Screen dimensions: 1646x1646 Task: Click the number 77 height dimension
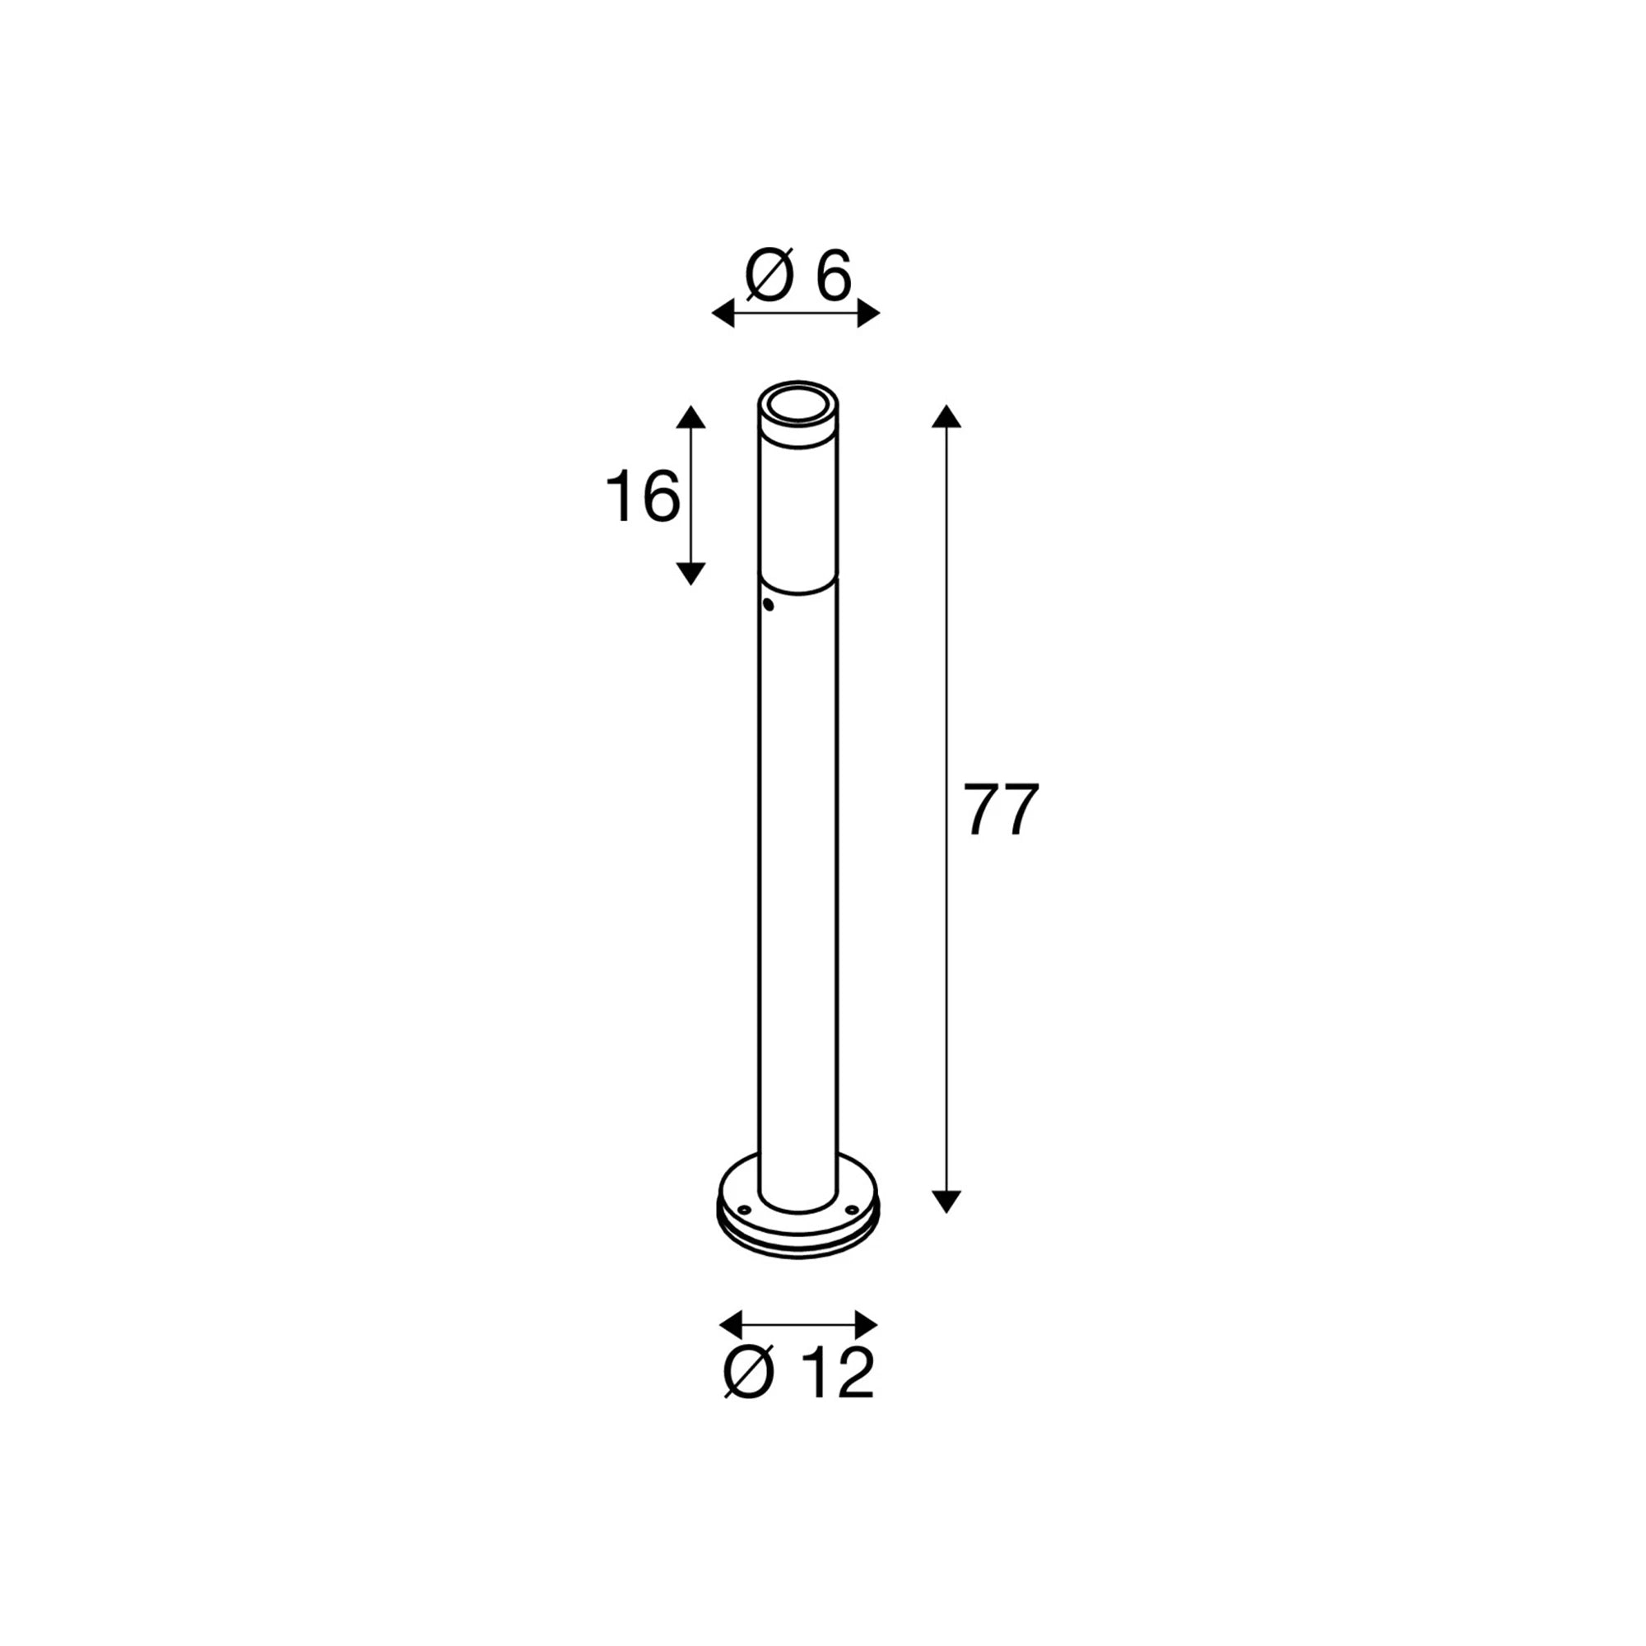pyautogui.click(x=1002, y=809)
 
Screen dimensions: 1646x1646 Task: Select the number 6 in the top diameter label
pyautogui.click(x=832, y=276)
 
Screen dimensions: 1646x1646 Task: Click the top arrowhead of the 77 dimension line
pyautogui.click(x=946, y=416)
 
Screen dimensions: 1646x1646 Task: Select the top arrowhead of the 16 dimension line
pyautogui.click(x=690, y=416)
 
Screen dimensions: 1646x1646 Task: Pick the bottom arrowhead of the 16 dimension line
pyautogui.click(x=690, y=574)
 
